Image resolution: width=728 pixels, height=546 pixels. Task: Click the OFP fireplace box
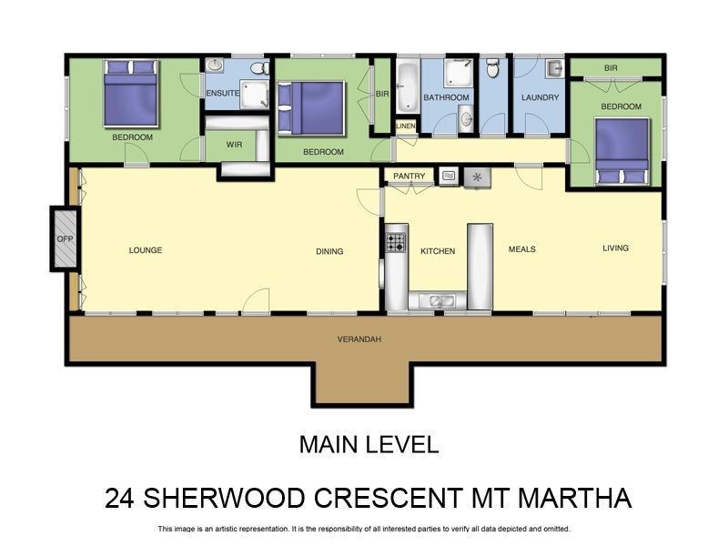tap(65, 239)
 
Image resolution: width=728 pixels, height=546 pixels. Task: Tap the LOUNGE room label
tap(146, 250)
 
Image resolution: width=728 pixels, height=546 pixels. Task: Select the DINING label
tap(329, 251)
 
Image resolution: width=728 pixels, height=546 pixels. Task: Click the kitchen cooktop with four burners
tap(396, 243)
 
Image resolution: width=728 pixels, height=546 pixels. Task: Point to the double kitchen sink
tap(437, 300)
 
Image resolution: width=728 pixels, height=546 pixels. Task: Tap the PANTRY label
tap(409, 177)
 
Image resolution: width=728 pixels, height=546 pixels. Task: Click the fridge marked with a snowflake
tap(476, 177)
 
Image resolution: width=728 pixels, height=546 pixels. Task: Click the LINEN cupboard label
tap(406, 126)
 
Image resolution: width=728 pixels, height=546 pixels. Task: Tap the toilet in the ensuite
tap(258, 67)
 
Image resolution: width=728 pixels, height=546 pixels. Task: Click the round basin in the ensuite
tap(216, 66)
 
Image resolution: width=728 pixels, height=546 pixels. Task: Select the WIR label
tap(234, 144)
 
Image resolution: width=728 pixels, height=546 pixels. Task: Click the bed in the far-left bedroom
tap(132, 92)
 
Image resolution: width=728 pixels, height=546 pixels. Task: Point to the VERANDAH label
tap(359, 339)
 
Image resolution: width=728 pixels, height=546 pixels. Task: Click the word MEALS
tap(521, 249)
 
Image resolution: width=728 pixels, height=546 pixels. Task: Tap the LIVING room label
tap(615, 248)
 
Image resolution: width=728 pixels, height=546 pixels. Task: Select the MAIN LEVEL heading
tap(369, 445)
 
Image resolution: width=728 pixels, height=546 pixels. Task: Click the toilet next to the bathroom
tap(492, 67)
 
